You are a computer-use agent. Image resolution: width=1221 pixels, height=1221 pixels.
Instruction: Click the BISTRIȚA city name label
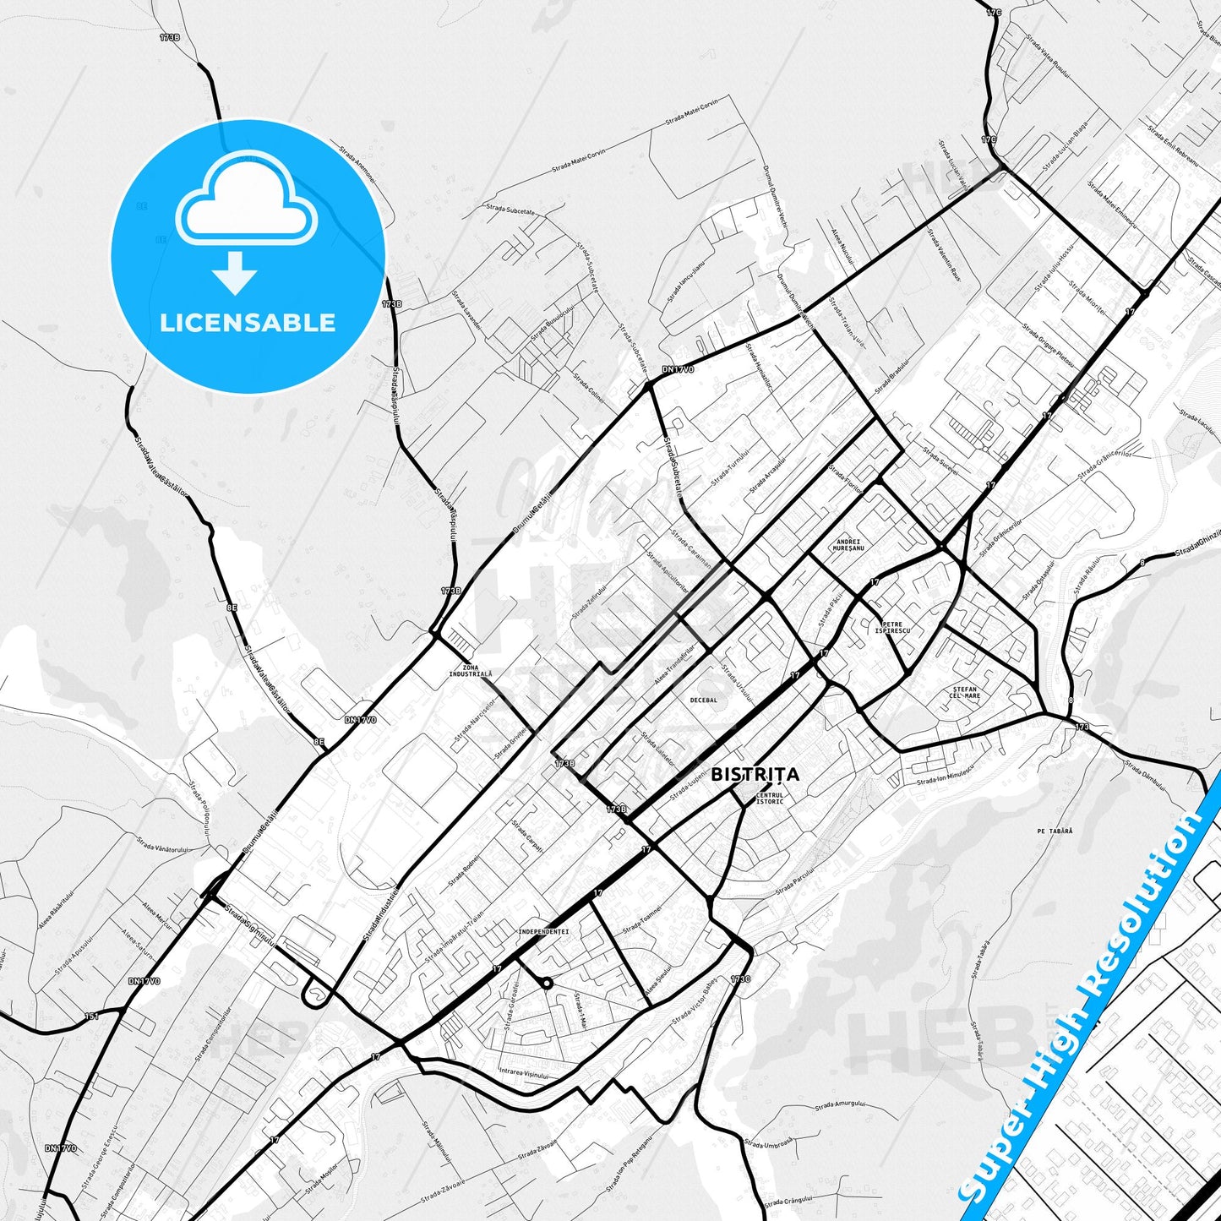[x=755, y=774]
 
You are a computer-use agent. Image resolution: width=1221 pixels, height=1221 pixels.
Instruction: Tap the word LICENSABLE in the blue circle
[x=248, y=323]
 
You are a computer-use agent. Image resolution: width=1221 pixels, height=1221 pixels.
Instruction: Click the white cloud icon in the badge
[x=246, y=199]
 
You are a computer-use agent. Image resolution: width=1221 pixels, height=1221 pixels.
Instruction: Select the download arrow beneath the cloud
[x=235, y=273]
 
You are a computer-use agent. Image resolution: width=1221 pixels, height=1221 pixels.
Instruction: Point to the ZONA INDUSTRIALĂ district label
[x=470, y=671]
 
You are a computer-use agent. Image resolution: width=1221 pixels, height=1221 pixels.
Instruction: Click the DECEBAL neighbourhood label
[x=703, y=700]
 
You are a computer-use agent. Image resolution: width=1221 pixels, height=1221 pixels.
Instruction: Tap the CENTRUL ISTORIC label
[x=769, y=798]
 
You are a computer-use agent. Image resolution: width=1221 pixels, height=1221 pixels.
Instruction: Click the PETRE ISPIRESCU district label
[x=892, y=628]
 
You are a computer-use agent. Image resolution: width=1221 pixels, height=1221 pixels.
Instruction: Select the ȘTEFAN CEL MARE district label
[x=964, y=692]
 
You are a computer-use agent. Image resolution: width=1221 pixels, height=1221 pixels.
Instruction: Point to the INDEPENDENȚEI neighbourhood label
[x=543, y=932]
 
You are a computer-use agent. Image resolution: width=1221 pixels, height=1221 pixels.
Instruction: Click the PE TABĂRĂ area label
[x=1055, y=831]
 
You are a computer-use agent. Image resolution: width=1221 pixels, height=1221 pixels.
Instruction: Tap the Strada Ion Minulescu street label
[x=946, y=777]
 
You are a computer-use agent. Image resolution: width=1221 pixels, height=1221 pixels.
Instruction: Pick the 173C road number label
[x=740, y=979]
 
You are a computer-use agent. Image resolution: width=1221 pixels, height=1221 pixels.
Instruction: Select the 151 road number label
[x=92, y=1016]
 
